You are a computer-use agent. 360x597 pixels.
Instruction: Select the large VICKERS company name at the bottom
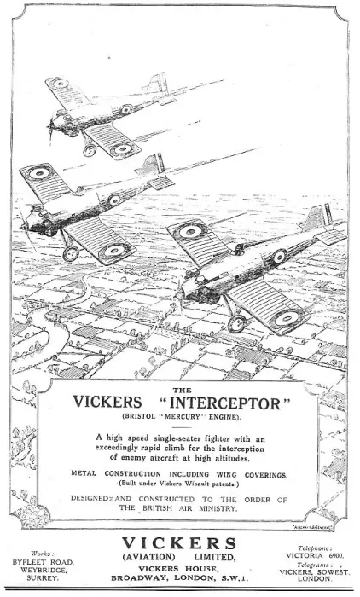pyautogui.click(x=179, y=543)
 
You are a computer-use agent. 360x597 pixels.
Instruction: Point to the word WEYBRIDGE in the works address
pyautogui.click(x=44, y=570)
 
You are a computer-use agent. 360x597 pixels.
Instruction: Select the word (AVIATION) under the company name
pyautogui.click(x=148, y=557)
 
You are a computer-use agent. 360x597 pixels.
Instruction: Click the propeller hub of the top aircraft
pyautogui.click(x=50, y=125)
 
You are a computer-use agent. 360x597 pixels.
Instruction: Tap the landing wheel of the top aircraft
pyautogui.click(x=90, y=149)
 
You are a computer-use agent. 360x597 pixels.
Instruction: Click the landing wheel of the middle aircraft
pyautogui.click(x=71, y=253)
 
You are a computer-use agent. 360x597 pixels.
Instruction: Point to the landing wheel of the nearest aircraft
pyautogui.click(x=237, y=323)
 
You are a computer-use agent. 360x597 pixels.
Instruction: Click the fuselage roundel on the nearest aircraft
pyautogui.click(x=279, y=256)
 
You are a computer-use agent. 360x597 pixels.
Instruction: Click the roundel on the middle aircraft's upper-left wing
pyautogui.click(x=39, y=173)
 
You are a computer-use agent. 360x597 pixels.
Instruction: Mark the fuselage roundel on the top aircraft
pyautogui.click(x=126, y=110)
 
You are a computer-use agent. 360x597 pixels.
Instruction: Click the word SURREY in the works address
pyautogui.click(x=43, y=578)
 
